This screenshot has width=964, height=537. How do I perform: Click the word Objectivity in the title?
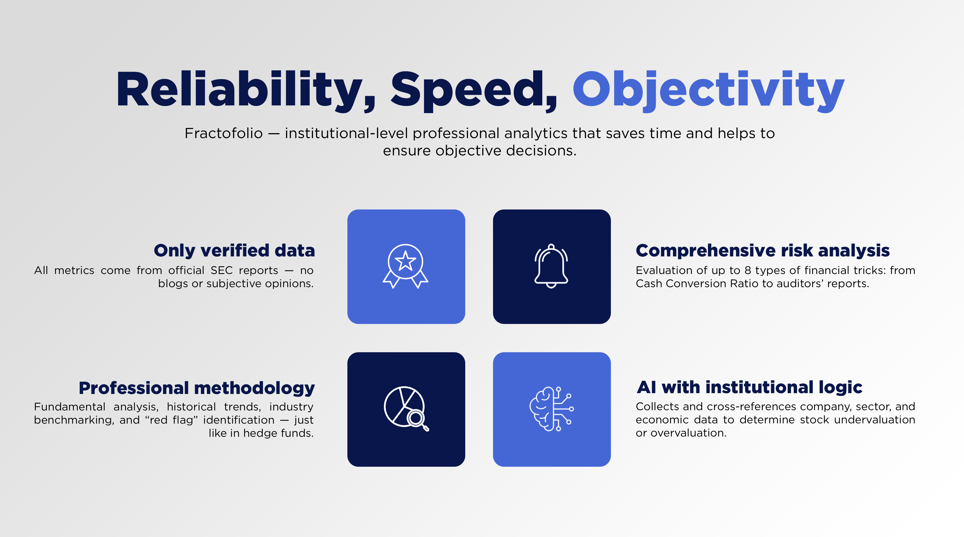click(708, 91)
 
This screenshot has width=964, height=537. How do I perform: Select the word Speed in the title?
click(474, 91)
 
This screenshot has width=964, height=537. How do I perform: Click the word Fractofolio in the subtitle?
click(223, 133)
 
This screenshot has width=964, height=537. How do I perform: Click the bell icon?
click(551, 266)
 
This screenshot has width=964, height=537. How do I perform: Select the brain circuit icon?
click(551, 409)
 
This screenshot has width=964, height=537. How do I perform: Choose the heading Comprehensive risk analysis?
click(763, 251)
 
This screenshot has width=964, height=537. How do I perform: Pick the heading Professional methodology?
click(197, 388)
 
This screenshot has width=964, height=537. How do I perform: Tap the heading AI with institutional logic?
click(749, 387)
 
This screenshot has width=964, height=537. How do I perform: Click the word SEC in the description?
click(221, 270)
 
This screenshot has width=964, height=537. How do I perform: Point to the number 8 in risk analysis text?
click(748, 270)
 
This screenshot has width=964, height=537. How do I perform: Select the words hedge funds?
click(278, 433)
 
